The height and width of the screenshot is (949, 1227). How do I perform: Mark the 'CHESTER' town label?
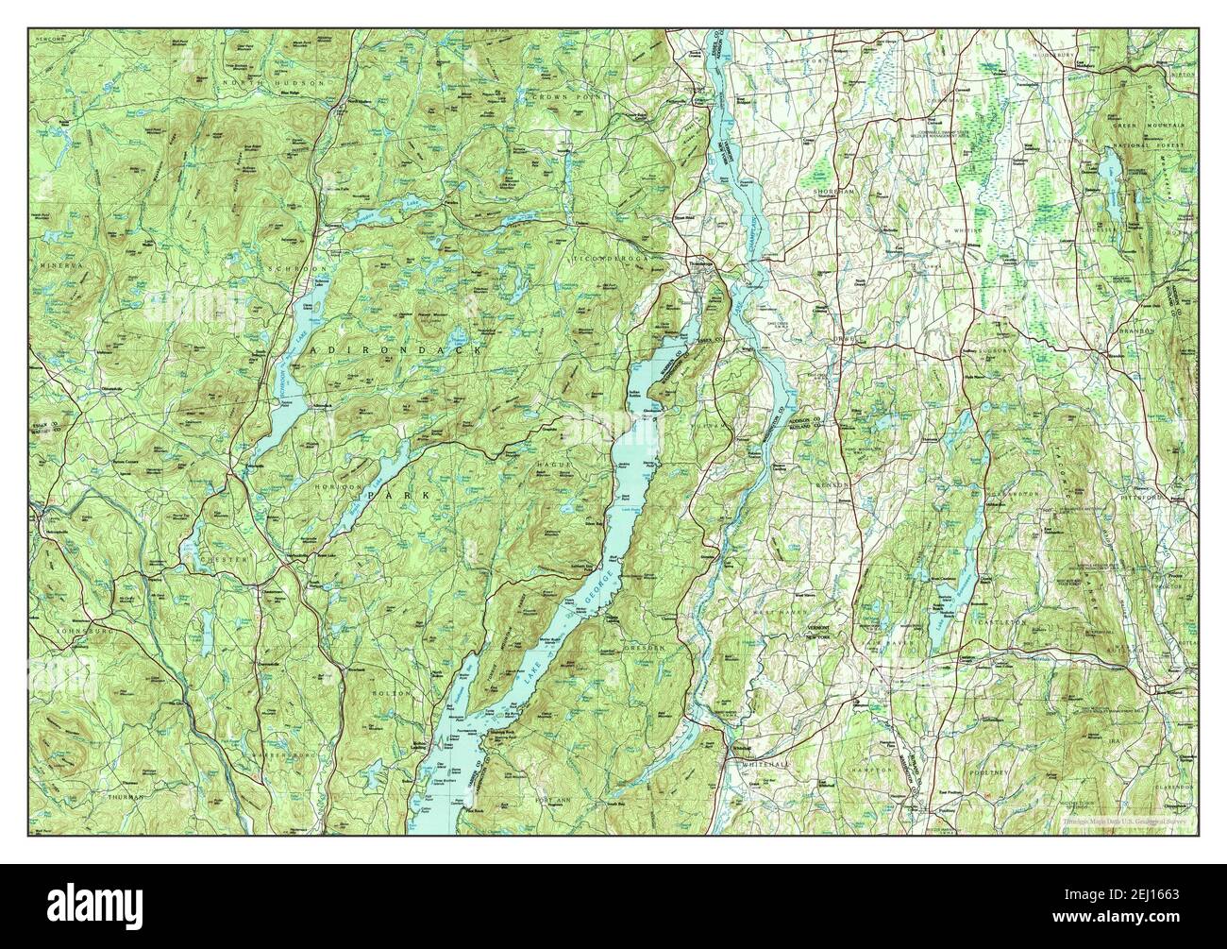click(x=224, y=560)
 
